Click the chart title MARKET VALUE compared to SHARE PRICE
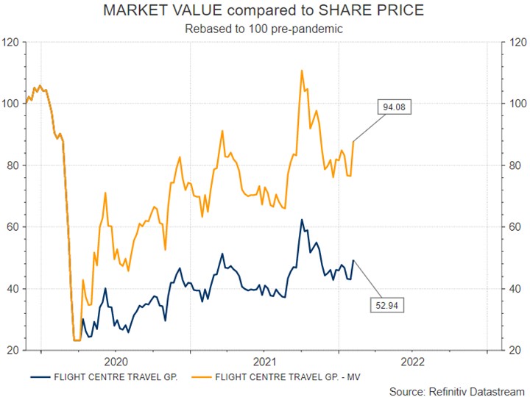point(264,11)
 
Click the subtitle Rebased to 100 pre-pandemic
point(264,29)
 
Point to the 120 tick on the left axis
point(11,42)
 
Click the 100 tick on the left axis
point(11,104)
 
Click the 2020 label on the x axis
point(116,362)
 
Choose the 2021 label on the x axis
point(264,362)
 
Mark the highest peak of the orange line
point(302,71)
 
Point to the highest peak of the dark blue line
point(301,219)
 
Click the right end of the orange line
point(353,141)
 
